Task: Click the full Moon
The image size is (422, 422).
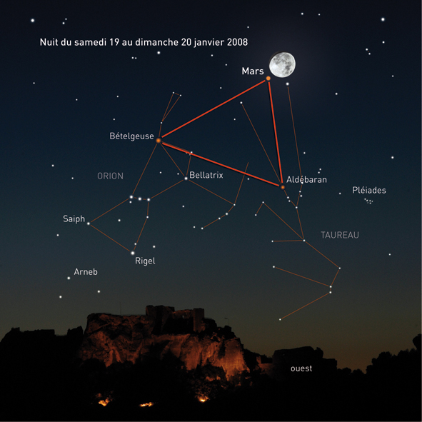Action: pos(282,64)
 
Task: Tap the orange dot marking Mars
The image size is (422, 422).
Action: pos(268,79)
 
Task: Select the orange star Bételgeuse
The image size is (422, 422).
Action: pos(159,141)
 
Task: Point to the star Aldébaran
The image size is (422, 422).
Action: pos(283,187)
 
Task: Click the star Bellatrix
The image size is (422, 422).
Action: pos(186,179)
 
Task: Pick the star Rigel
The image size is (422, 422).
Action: pos(132,253)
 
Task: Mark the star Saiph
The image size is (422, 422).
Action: pos(89,223)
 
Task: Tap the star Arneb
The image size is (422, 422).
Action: pos(69,278)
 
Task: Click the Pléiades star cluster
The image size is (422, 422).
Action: pos(368,201)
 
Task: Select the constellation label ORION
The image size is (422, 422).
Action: pos(111,176)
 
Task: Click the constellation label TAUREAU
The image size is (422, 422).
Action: pos(340,235)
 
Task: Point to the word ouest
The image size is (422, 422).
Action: pos(301,368)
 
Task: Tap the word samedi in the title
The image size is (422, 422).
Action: pos(90,42)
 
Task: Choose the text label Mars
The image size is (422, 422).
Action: pos(253,71)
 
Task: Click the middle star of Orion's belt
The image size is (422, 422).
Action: pos(140,199)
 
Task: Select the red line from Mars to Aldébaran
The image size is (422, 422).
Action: pos(276,133)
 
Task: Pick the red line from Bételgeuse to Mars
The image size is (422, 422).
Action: pos(213,109)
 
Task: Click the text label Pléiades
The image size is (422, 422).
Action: pos(369,190)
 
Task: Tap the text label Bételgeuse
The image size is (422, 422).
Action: pos(131,136)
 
